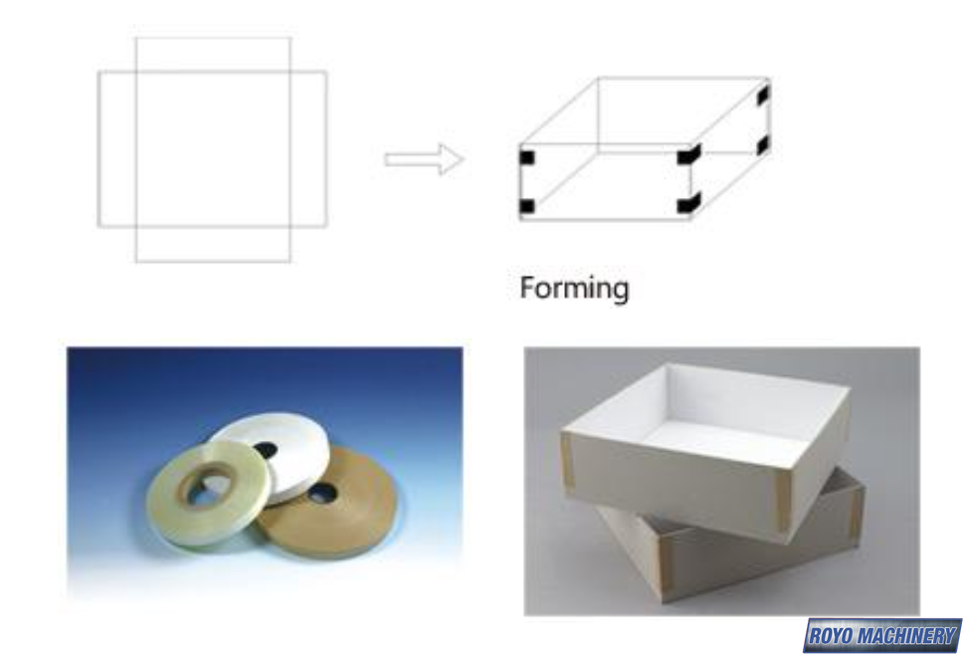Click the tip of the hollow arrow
click(464, 159)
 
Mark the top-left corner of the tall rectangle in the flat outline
click(136, 38)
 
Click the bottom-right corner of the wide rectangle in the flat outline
click(326, 227)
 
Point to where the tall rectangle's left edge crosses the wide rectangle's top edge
click(136, 72)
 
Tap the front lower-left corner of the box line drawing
click(520, 219)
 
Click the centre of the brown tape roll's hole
click(321, 492)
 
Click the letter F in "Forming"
click(527, 287)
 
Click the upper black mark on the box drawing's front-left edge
click(527, 157)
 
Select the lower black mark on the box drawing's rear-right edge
click(762, 145)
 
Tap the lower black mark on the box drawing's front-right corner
click(688, 204)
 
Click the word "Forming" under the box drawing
click(574, 289)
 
